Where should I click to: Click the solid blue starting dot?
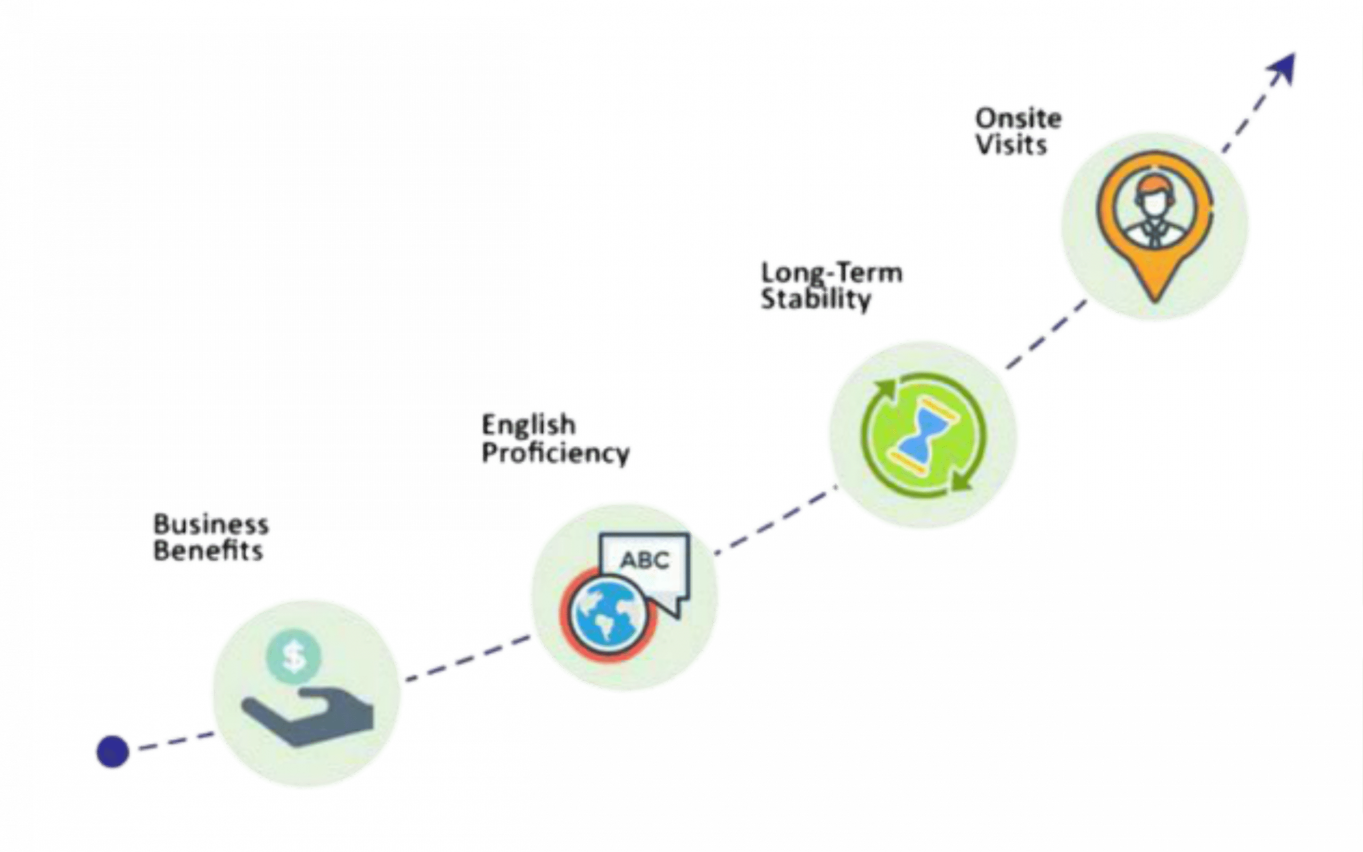click(x=113, y=751)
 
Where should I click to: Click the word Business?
click(x=211, y=524)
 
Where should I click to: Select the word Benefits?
click(x=208, y=551)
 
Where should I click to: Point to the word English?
click(x=528, y=425)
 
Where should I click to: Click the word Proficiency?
click(x=555, y=454)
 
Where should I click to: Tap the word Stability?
click(x=816, y=299)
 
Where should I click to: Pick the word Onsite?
click(x=1019, y=119)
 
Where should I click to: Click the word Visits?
click(x=1011, y=145)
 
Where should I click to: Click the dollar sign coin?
click(x=293, y=656)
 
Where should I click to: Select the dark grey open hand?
click(x=308, y=716)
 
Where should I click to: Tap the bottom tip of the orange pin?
click(x=1155, y=301)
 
